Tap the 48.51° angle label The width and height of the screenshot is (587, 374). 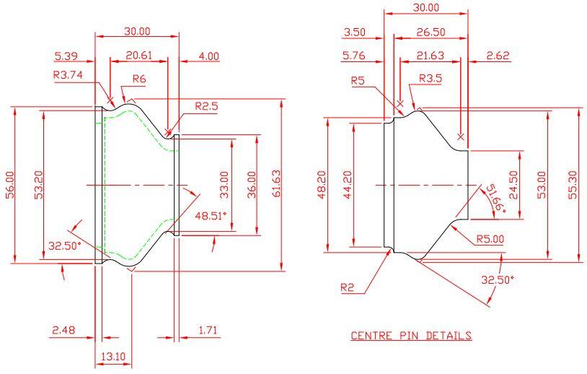point(211,215)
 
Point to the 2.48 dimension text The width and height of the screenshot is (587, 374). point(64,331)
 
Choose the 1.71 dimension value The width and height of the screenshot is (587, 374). point(209,331)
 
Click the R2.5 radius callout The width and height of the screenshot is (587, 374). point(207,106)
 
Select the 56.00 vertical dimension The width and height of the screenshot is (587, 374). point(9,186)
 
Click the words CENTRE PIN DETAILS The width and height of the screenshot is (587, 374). point(412,336)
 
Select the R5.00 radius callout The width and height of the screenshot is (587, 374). point(490,239)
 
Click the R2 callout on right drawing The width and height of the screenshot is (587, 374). point(348,287)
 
